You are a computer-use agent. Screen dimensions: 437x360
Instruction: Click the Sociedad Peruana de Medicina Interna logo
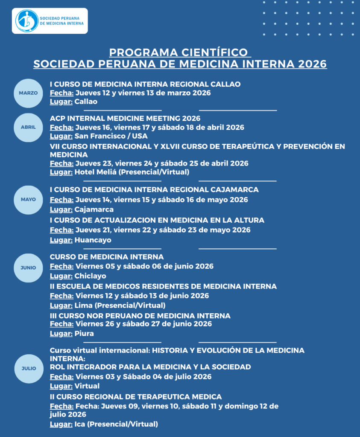(x=50, y=21)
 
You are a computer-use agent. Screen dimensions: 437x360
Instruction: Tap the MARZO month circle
(x=28, y=93)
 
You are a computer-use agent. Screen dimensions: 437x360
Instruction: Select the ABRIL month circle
(x=28, y=127)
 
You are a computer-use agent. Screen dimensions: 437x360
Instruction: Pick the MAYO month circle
(x=28, y=199)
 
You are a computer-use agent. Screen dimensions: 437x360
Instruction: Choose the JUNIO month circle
(x=28, y=268)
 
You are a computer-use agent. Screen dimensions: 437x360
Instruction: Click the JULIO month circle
(x=28, y=368)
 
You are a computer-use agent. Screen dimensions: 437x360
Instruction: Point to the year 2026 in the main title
(x=313, y=64)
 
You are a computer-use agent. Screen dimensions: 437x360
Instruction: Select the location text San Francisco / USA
(x=111, y=136)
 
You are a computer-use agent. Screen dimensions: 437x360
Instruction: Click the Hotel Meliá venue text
(x=91, y=172)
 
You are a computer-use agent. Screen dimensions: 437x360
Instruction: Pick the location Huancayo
(x=93, y=240)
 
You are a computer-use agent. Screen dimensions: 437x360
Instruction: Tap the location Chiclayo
(x=90, y=276)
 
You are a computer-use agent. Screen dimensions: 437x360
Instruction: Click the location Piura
(x=84, y=333)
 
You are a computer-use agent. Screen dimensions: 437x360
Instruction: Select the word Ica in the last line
(x=79, y=424)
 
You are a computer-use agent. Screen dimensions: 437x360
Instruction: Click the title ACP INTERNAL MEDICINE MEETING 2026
(x=125, y=118)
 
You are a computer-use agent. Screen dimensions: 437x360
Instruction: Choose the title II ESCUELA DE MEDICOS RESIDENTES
(x=163, y=286)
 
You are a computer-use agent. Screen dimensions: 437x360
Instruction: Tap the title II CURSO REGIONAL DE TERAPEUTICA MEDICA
(x=136, y=397)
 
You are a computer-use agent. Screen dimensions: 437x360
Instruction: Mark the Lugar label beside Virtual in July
(x=61, y=386)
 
